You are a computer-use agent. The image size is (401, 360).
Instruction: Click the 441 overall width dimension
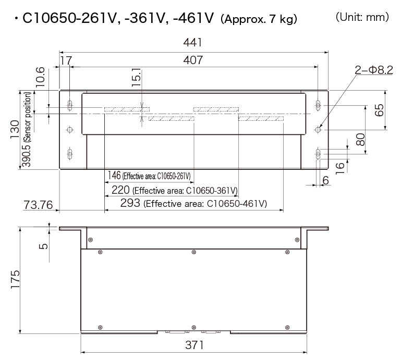pos(193,43)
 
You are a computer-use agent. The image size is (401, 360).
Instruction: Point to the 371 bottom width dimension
pos(193,345)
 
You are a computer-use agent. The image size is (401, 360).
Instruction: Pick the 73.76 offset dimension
pos(39,205)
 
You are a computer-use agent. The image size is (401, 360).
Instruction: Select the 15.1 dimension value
pos(136,77)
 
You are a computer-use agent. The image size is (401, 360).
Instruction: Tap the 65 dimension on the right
pos(379,109)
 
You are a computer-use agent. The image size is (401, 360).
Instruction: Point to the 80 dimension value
pos(359,139)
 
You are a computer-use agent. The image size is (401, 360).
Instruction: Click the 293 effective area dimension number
pos(130,203)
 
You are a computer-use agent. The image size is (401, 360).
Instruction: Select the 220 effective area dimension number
pos(121,190)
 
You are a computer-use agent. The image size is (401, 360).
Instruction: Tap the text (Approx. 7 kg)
pos(259,20)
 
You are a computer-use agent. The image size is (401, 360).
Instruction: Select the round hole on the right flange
pos(318,128)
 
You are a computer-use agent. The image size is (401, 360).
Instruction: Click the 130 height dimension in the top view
pos(15,130)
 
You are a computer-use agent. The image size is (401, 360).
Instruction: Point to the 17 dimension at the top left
pos(66,60)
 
